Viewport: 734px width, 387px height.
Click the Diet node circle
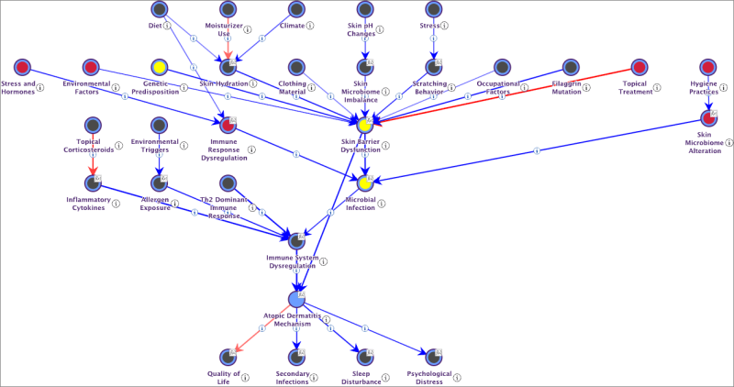[159, 9]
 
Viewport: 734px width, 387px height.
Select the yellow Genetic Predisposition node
[159, 67]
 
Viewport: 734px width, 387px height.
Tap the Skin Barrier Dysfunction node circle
[365, 124]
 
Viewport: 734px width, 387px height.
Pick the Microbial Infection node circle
[365, 182]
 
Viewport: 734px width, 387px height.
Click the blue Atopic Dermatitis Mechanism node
[296, 300]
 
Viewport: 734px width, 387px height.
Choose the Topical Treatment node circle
[639, 67]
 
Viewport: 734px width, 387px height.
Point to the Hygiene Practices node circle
[708, 67]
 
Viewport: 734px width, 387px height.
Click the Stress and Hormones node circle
[22, 67]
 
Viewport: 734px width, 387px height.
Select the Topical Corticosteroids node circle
[91, 125]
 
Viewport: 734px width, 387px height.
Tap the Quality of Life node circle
[228, 356]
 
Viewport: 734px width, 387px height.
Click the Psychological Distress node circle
[433, 356]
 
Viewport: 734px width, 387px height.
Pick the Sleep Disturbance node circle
[365, 356]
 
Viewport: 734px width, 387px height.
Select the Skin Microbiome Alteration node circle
[708, 117]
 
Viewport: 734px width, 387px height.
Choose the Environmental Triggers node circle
[159, 125]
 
